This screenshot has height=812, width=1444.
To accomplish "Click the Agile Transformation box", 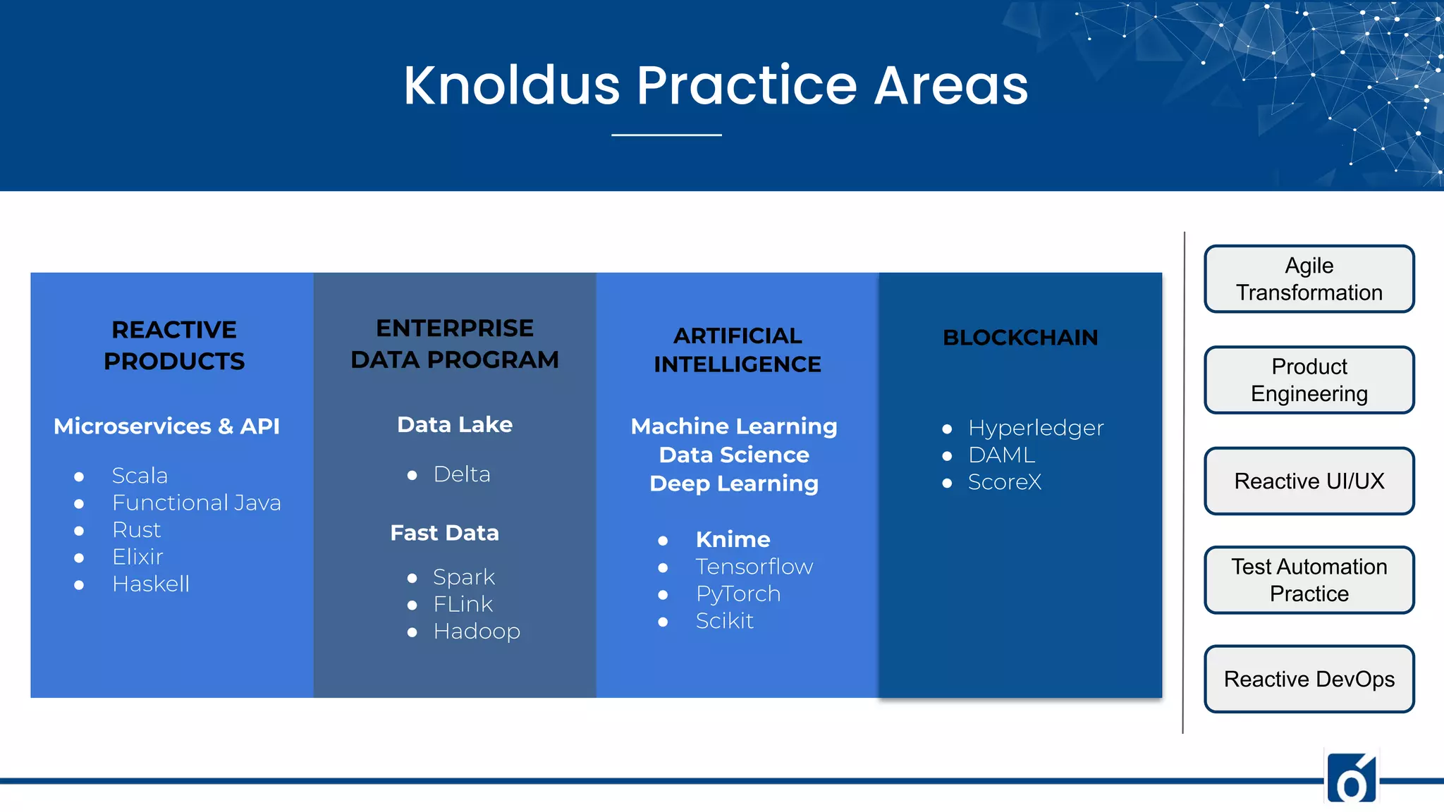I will click(1309, 278).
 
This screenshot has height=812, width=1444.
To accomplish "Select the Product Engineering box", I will click(1309, 380).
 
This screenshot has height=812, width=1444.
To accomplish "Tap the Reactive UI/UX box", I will click(1309, 481).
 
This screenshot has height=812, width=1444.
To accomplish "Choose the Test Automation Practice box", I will click(1309, 579).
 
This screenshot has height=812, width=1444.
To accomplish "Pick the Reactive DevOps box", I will click(1309, 679).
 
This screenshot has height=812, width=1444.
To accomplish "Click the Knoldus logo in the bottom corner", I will click(1351, 778).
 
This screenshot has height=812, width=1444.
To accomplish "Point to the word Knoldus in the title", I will click(511, 85).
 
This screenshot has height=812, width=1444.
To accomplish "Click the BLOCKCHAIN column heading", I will click(1020, 338).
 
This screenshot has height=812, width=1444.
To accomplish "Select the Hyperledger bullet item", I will click(1035, 428).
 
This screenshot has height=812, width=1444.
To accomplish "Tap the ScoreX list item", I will click(1004, 482).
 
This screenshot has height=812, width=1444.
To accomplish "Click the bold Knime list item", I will click(733, 539).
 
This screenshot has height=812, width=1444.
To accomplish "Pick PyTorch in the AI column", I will click(738, 593).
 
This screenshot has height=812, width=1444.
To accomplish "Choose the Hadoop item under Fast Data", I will click(477, 631).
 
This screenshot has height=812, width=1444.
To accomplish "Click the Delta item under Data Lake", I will click(461, 474).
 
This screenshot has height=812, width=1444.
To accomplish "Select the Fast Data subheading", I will click(444, 533).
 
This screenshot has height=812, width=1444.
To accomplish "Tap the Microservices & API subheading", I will click(166, 426).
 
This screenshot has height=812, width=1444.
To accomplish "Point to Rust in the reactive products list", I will click(136, 529).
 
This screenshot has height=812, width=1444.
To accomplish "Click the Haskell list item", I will click(150, 584).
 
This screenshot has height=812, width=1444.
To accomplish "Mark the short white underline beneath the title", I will click(666, 135).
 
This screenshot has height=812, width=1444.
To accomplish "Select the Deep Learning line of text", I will click(733, 484).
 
